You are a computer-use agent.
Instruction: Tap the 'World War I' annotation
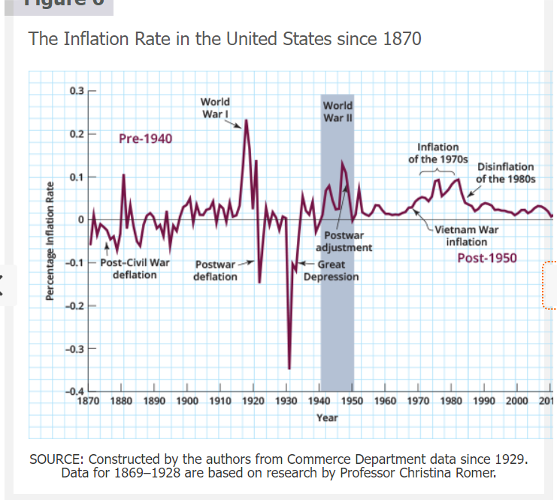tap(215, 108)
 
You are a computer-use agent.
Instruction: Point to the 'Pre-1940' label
tap(145, 138)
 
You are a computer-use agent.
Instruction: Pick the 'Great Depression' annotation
tap(331, 271)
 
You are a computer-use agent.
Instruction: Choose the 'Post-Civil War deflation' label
tap(135, 269)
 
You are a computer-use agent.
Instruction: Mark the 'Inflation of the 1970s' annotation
tap(437, 154)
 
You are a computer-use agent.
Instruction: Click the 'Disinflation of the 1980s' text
tap(506, 173)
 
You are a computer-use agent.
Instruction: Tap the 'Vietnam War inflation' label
tap(467, 236)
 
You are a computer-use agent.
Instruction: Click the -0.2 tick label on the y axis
tap(74, 306)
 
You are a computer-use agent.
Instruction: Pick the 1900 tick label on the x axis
tap(187, 402)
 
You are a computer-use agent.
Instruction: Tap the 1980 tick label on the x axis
tap(452, 402)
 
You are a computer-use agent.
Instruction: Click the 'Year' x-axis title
tap(327, 417)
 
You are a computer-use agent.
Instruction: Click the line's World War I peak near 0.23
tap(246, 120)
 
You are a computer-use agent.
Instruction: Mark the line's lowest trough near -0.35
tap(289, 368)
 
